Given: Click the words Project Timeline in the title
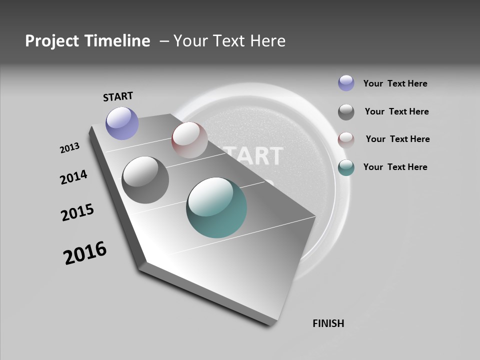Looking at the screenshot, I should tap(87, 41).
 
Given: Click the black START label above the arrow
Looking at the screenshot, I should tap(118, 96).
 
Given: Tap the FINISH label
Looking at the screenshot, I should tap(328, 323).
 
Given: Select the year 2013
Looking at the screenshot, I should tap(69, 148).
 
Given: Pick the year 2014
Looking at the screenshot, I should tap(73, 177).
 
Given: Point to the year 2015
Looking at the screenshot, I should tap(77, 212).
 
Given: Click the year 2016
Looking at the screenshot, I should tap(85, 253).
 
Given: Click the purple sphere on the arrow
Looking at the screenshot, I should tap(122, 123).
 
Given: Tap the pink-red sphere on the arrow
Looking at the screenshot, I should tap(189, 140).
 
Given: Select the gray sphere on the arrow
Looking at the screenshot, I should tap(145, 179).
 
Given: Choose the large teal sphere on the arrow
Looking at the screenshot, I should tap(216, 207).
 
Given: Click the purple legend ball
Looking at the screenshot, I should tap(346, 83).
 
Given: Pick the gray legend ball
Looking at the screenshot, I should tap(346, 112).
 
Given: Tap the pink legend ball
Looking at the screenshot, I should tap(346, 139).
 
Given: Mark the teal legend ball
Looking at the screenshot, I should tap(346, 167).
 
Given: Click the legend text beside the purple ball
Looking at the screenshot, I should tap(395, 83).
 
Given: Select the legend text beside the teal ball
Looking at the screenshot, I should tap(395, 167).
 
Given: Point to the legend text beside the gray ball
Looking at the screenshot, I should tap(396, 111).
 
